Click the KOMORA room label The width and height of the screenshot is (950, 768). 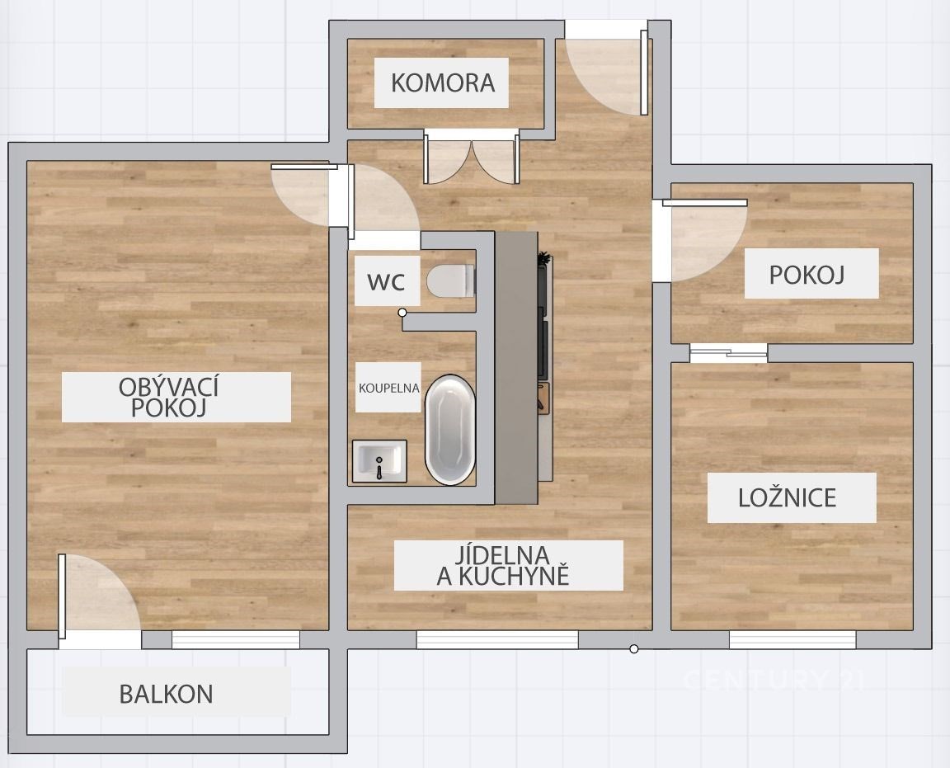(443, 82)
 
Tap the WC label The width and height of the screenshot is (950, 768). (386, 282)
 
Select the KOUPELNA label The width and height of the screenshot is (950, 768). (389, 388)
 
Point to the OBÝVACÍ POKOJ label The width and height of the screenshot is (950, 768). (169, 397)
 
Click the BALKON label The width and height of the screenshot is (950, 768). (166, 694)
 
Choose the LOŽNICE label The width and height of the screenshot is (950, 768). (787, 498)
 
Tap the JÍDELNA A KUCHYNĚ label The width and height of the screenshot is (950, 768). (503, 566)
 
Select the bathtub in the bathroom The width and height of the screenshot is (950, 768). (450, 431)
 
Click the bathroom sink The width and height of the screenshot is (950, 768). (380, 461)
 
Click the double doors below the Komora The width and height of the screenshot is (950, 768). (472, 158)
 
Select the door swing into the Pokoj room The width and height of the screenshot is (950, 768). (703, 240)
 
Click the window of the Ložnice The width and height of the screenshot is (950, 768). (792, 639)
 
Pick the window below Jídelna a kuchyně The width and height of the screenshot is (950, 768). (497, 639)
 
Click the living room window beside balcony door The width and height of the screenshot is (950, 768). (236, 639)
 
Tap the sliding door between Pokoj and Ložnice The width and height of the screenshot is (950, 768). (729, 353)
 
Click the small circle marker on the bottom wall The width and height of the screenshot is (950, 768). (633, 649)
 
